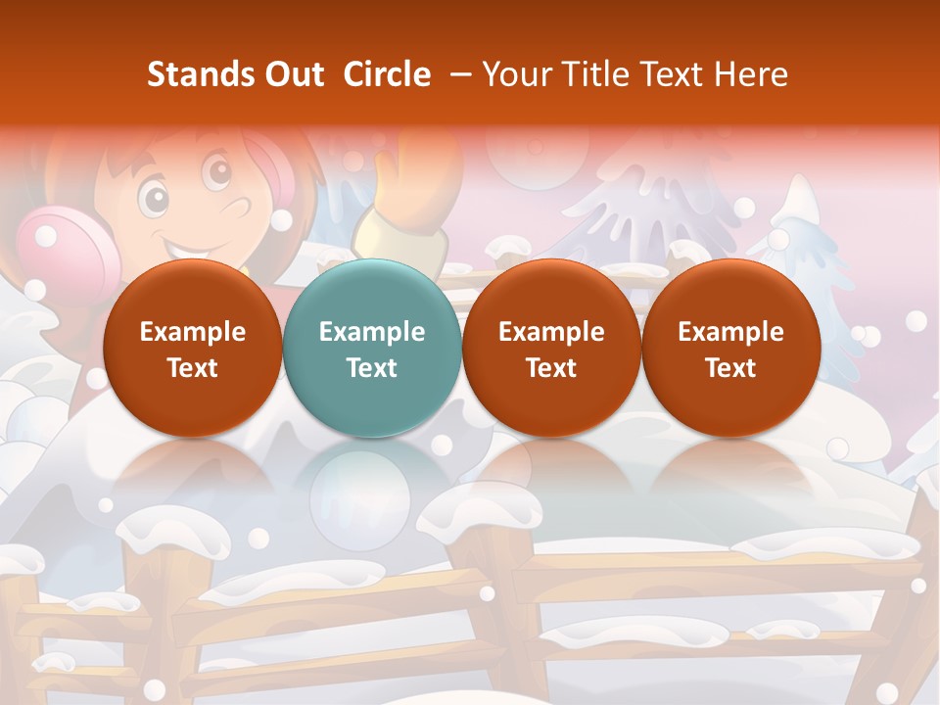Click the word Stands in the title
(x=194, y=74)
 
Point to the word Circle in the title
(x=387, y=74)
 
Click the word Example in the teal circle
(x=372, y=332)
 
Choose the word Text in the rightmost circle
(x=730, y=368)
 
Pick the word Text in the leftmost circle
(x=192, y=368)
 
